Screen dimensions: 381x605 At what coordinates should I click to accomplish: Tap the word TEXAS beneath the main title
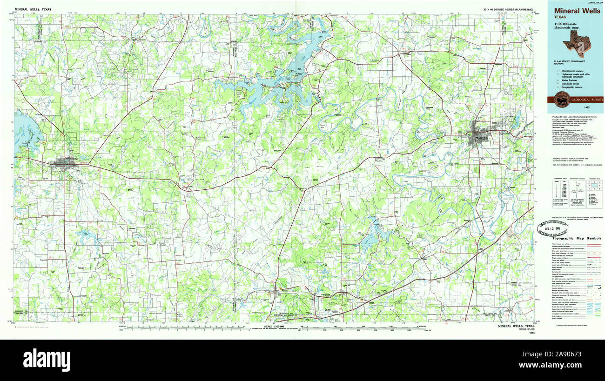point(560,17)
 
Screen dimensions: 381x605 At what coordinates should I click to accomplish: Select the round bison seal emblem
point(562,100)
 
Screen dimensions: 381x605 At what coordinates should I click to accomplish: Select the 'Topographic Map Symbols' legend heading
point(576,238)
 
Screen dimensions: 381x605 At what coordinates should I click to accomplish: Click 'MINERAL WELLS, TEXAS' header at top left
point(33,9)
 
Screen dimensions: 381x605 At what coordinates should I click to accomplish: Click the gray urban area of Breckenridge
point(61,163)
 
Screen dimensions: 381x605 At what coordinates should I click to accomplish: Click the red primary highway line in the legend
point(594,243)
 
